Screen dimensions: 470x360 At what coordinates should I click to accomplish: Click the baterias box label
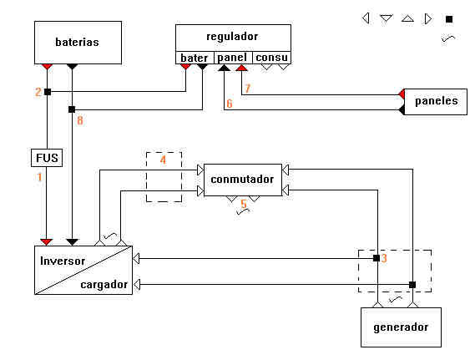tap(77, 42)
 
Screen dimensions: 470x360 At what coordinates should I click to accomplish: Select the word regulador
tap(232, 37)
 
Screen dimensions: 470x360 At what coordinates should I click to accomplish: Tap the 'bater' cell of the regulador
tap(195, 58)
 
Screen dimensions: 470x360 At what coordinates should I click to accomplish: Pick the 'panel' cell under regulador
tap(233, 58)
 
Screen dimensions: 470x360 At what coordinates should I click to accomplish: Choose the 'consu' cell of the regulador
tap(271, 58)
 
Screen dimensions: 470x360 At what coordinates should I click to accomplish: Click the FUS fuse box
tap(47, 158)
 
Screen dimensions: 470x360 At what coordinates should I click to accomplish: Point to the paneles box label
tap(437, 101)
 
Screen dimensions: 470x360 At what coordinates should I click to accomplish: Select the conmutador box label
tap(242, 180)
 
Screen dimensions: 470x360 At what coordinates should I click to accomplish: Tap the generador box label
tap(401, 327)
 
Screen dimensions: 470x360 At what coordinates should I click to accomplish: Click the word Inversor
tap(63, 261)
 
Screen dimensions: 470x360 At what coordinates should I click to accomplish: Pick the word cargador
tap(104, 285)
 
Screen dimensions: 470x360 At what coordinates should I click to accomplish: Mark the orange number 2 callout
tap(38, 92)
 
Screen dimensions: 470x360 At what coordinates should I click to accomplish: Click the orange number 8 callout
tap(80, 120)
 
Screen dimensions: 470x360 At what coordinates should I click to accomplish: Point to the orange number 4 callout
tap(163, 160)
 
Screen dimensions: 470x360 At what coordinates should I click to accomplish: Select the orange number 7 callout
tap(248, 89)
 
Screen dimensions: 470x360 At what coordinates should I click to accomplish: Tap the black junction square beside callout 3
tap(377, 258)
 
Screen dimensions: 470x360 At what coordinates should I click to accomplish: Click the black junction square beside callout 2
tap(48, 92)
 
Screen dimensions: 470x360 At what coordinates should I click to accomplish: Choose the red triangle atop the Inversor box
tap(47, 241)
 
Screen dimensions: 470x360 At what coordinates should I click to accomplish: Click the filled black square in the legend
tap(449, 19)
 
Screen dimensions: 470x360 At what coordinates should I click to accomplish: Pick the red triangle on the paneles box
tap(402, 94)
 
